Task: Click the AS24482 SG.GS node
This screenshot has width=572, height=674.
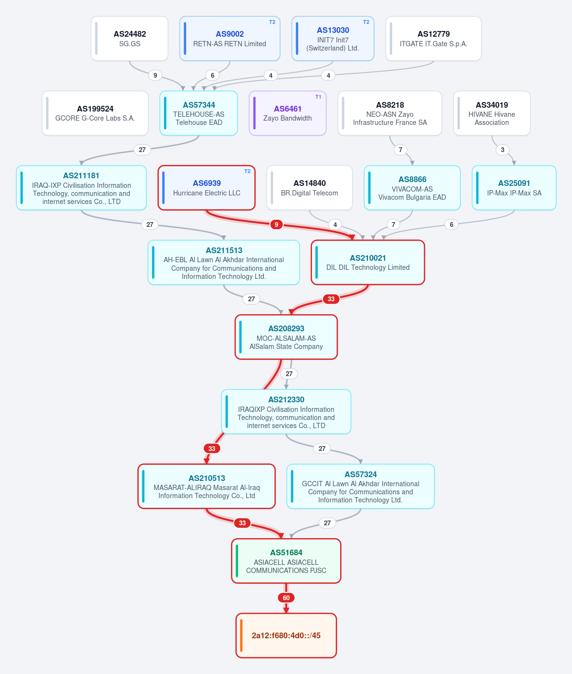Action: point(130,39)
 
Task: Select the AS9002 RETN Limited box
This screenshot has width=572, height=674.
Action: point(230,39)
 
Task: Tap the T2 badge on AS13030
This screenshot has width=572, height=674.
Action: point(366,22)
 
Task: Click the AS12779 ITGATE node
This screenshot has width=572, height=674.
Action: point(433,39)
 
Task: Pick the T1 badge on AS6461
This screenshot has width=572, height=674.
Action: point(318,96)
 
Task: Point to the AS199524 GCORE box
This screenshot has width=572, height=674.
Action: point(95,113)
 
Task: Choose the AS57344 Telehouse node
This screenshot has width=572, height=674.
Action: point(199,113)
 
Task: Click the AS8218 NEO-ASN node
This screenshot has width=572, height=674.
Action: point(390,113)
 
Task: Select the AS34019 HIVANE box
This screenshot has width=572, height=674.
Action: point(492,113)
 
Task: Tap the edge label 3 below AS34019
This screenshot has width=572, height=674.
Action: point(502,150)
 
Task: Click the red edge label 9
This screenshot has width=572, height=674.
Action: point(276,225)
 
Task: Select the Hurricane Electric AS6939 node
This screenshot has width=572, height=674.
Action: point(207,188)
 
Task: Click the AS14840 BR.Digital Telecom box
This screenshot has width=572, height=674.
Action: point(309,188)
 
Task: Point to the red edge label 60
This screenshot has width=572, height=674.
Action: point(286,598)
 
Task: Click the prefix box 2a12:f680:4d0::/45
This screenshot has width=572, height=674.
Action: point(286,635)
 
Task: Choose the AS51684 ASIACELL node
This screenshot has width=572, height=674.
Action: point(286,561)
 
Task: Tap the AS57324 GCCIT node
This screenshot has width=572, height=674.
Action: point(361,486)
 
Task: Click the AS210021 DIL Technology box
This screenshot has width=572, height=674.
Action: point(368,263)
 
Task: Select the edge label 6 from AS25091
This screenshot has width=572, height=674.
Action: point(451,225)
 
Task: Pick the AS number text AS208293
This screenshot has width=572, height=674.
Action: point(286,328)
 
